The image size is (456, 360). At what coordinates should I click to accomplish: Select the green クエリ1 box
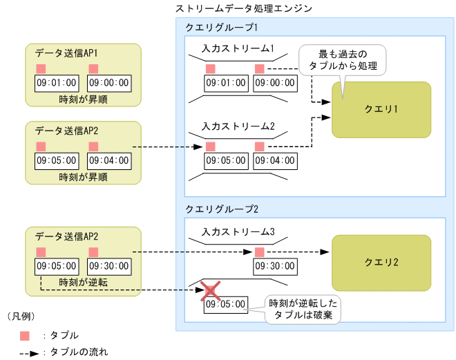[x=381, y=109]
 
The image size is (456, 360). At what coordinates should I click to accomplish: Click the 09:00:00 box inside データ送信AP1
[x=109, y=83]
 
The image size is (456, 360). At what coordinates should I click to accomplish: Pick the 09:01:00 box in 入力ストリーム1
[x=225, y=83]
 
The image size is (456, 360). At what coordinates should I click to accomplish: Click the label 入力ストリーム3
[x=238, y=231]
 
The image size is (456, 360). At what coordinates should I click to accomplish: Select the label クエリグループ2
[x=222, y=209]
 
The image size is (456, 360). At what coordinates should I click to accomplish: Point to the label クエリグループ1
[x=222, y=28]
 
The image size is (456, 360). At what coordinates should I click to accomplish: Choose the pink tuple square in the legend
[x=25, y=335]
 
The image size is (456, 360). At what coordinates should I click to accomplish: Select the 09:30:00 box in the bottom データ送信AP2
[x=109, y=266]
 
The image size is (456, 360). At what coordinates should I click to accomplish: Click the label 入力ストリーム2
[x=238, y=126]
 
